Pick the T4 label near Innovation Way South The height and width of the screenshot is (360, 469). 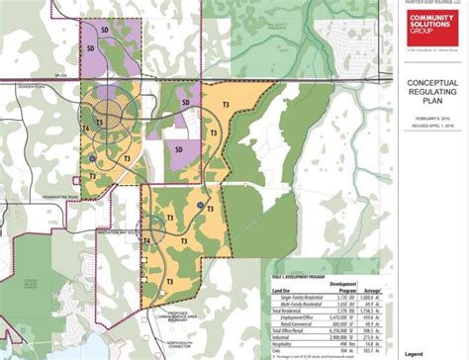(x=147, y=240)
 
